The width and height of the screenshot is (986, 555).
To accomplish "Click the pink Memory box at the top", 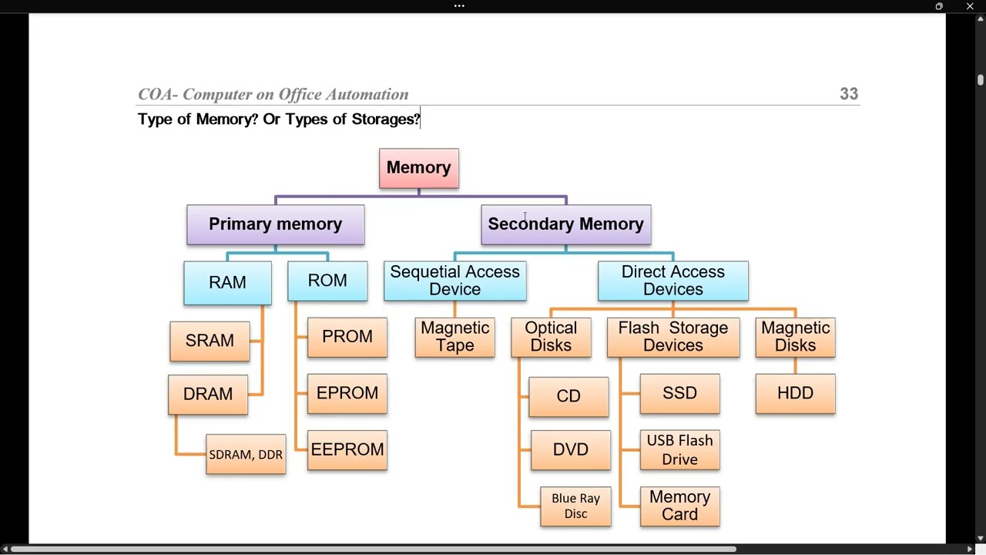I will pyautogui.click(x=419, y=168).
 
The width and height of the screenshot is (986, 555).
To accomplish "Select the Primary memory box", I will pyautogui.click(x=276, y=224).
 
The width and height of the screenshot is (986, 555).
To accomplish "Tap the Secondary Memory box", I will pyautogui.click(x=566, y=224).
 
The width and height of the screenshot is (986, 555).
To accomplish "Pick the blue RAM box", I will pyautogui.click(x=227, y=282).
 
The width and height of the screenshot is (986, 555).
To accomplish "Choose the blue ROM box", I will pyautogui.click(x=327, y=281).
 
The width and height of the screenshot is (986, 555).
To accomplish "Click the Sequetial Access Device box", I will pyautogui.click(x=455, y=281).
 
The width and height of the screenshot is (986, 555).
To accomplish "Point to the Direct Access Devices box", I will pyautogui.click(x=673, y=281).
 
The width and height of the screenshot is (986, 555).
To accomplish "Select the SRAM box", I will pyautogui.click(x=210, y=341).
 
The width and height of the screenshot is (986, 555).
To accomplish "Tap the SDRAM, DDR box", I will pyautogui.click(x=246, y=455).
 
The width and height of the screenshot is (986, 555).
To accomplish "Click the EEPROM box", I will pyautogui.click(x=347, y=450).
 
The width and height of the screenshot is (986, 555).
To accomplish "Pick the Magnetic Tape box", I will pyautogui.click(x=455, y=337).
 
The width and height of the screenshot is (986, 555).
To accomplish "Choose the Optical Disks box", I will pyautogui.click(x=551, y=337).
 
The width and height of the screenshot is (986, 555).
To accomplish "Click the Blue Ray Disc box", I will pyautogui.click(x=575, y=506).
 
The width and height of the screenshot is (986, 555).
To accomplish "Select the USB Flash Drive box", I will pyautogui.click(x=679, y=450).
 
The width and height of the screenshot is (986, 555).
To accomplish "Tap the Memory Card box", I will pyautogui.click(x=679, y=506).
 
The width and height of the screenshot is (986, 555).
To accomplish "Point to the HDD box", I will pyautogui.click(x=795, y=394).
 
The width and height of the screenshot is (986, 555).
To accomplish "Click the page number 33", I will pyautogui.click(x=849, y=94).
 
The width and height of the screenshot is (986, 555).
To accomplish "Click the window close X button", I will pyautogui.click(x=970, y=6).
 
